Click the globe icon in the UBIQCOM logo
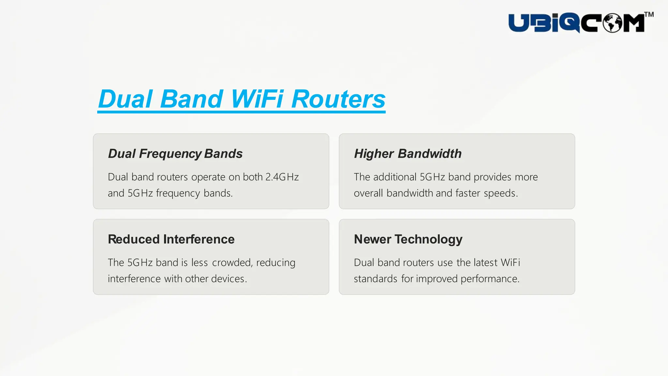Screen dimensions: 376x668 (612, 23)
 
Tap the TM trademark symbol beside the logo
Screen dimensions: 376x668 (649, 15)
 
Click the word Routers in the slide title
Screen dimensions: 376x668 (338, 99)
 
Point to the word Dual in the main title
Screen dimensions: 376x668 (125, 99)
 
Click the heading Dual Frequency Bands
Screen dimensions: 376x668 (175, 154)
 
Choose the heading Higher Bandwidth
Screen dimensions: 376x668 (408, 154)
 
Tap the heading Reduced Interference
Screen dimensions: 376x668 (171, 239)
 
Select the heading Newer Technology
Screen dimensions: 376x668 (408, 239)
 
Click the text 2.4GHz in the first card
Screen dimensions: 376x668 (282, 177)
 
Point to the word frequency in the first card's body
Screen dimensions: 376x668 (178, 193)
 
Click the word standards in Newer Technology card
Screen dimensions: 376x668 (375, 279)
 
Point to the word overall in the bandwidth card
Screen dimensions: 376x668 (368, 193)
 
